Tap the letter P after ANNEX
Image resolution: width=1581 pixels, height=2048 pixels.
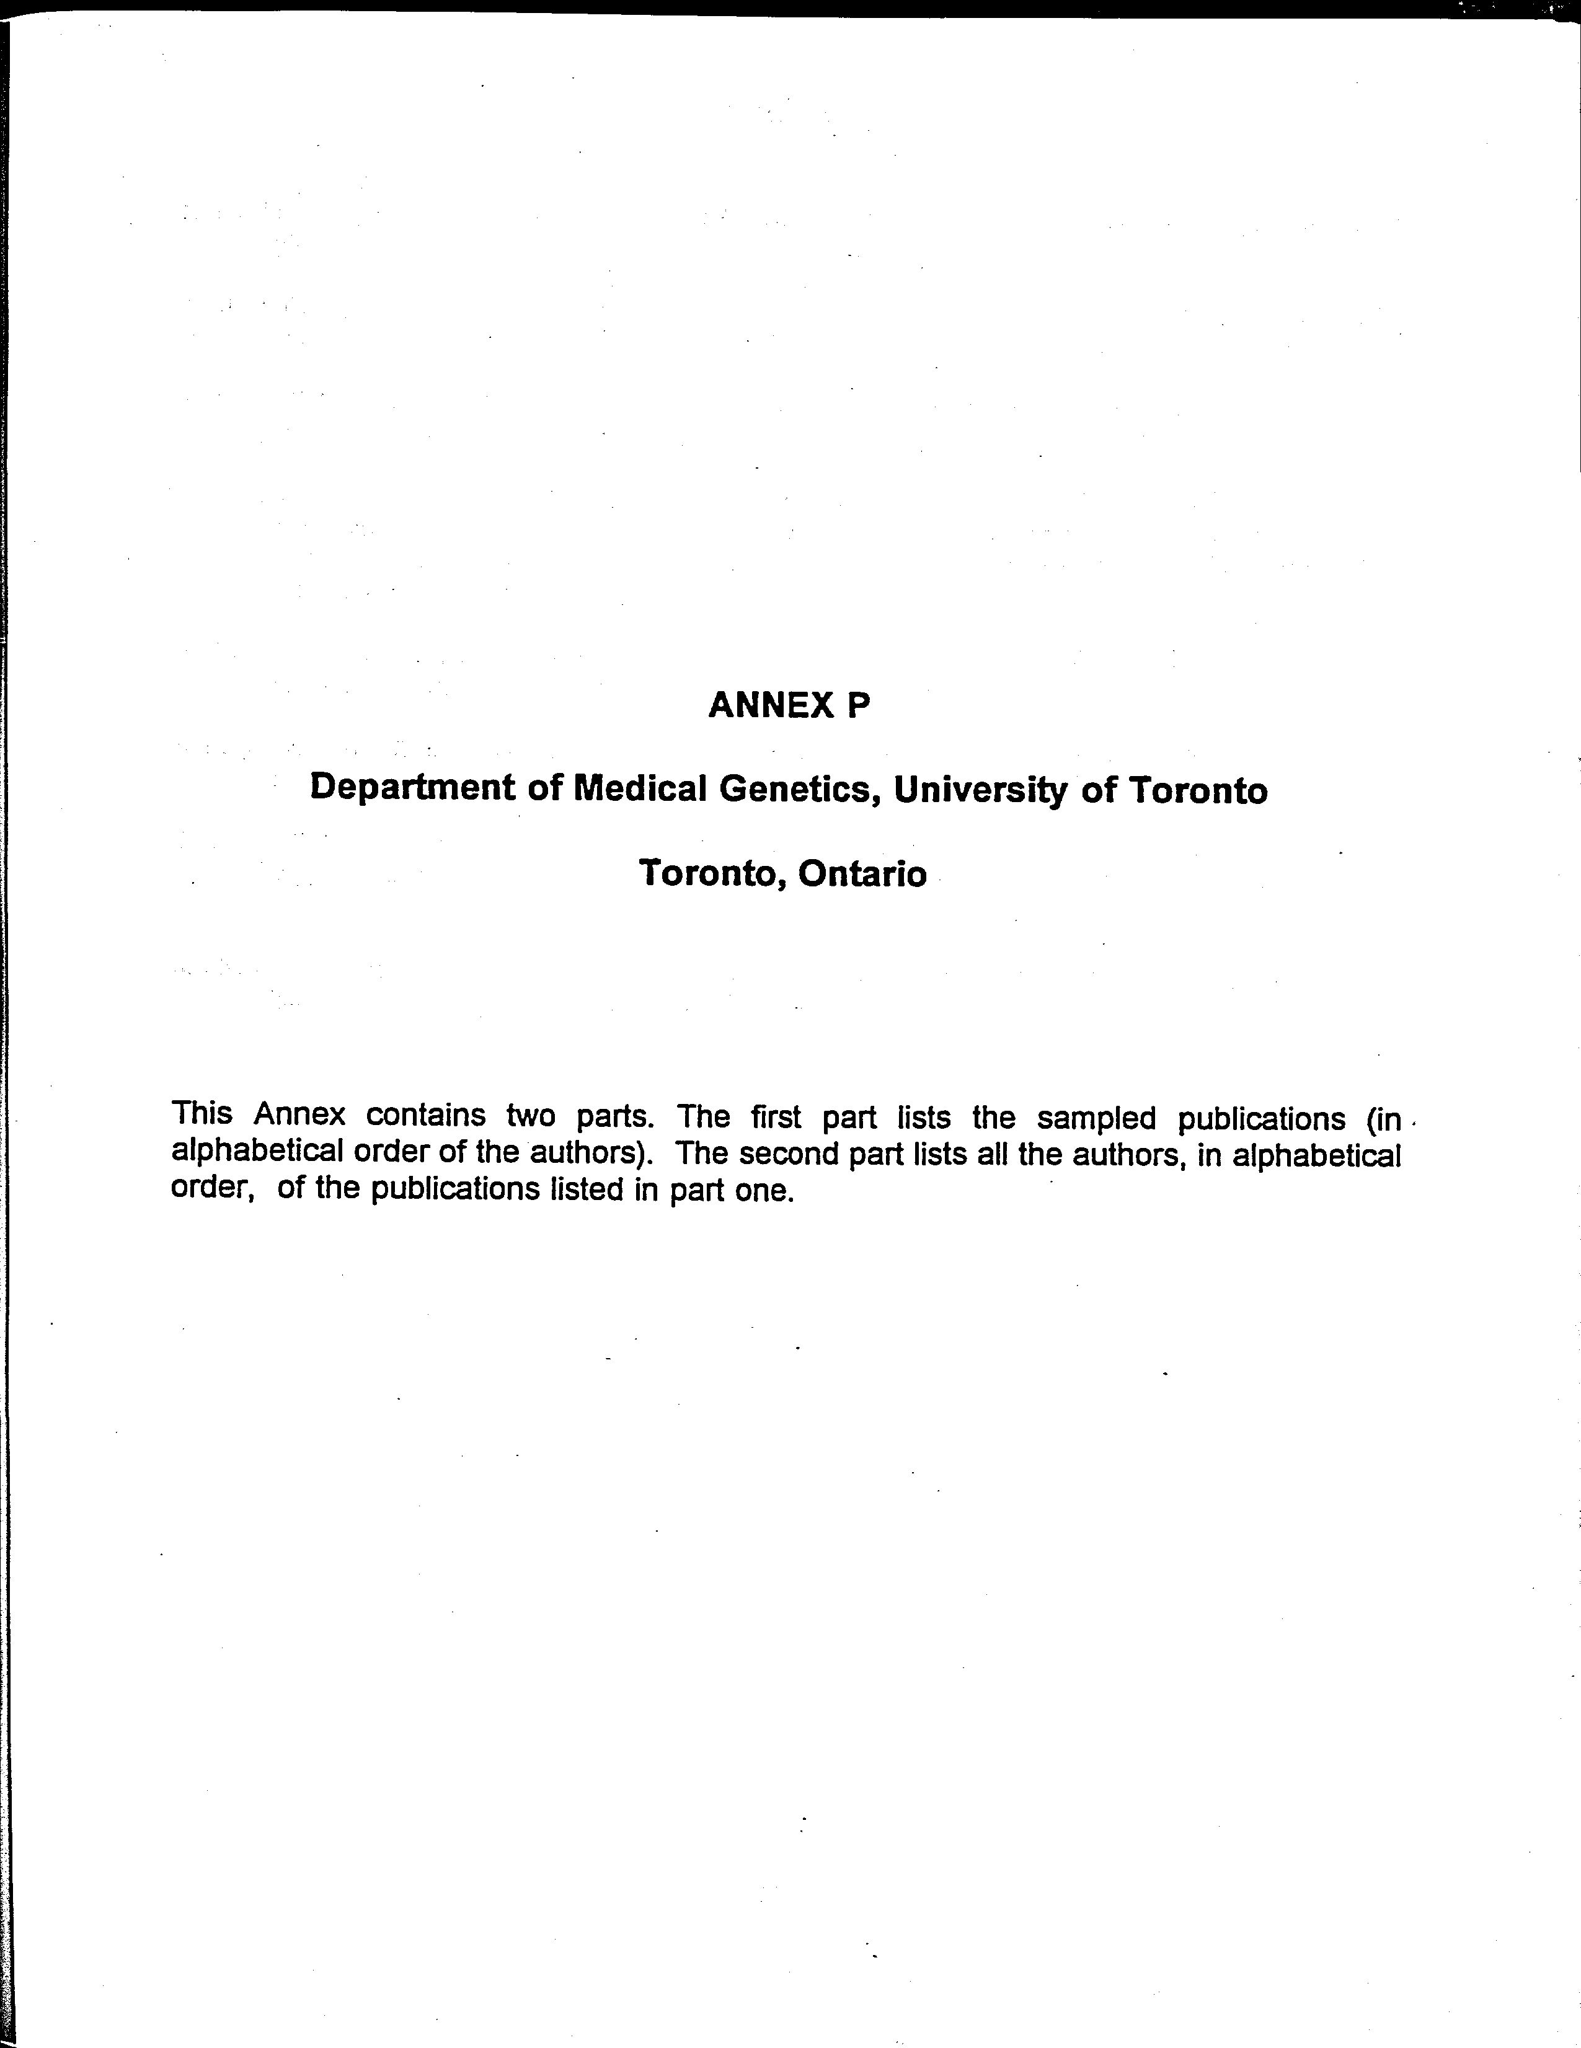[x=859, y=705]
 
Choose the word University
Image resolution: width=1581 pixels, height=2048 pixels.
[x=980, y=790]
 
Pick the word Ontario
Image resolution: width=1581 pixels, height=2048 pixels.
[x=862, y=874]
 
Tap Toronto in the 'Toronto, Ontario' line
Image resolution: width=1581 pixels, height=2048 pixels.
[x=712, y=874]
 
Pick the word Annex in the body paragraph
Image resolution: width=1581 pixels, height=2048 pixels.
[x=299, y=1115]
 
